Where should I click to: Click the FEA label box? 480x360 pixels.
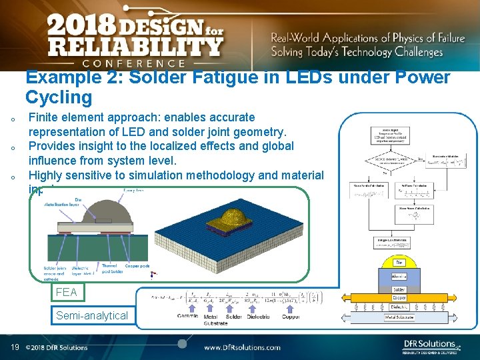[x=67, y=292]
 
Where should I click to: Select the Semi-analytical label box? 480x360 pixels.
[x=92, y=315]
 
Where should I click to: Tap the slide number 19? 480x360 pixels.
[x=14, y=347]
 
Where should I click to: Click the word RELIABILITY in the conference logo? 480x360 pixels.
[x=133, y=46]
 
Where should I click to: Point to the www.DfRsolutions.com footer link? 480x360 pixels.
[x=242, y=347]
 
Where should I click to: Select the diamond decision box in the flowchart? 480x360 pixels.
[x=382, y=160]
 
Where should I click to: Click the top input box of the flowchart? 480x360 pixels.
[x=382, y=136]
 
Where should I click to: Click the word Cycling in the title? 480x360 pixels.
[x=59, y=97]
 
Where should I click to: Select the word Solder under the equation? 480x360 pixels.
[x=234, y=317]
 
